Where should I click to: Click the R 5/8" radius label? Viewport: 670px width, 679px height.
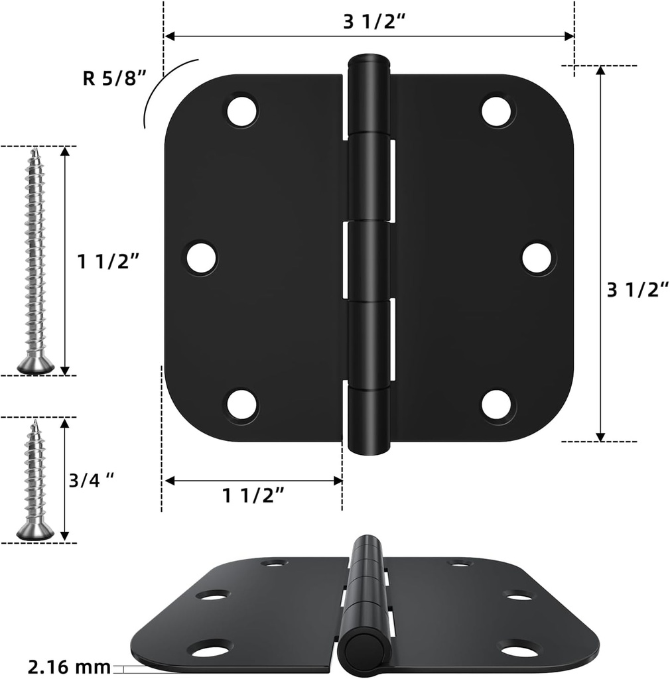coord(113,78)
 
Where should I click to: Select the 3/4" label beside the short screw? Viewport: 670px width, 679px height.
coord(92,480)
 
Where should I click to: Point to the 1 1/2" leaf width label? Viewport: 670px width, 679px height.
coord(253,495)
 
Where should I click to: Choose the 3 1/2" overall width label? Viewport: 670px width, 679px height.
coord(374,21)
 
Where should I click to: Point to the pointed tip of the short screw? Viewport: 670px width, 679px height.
coord(34,422)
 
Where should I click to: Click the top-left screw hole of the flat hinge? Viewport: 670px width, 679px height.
coord(241,111)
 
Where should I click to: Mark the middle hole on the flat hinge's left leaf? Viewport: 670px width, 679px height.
coord(201,259)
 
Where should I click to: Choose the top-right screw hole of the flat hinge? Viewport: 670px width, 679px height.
coord(497,111)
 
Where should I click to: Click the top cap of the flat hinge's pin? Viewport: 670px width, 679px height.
coord(369,60)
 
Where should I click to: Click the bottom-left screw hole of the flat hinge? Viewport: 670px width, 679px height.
coord(241,404)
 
